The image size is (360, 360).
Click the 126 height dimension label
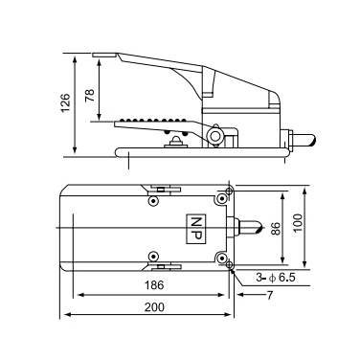click(65, 102)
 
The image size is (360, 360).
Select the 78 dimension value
click(90, 95)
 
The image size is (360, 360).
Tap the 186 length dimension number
click(154, 285)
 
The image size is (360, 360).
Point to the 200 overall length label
click(154, 307)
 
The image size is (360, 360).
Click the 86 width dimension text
click(276, 229)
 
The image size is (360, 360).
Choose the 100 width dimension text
click(298, 223)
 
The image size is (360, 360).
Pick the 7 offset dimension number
click(270, 296)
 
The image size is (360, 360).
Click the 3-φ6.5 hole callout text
click(276, 278)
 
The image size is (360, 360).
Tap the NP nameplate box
click(196, 229)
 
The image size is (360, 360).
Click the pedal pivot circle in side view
click(214, 135)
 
